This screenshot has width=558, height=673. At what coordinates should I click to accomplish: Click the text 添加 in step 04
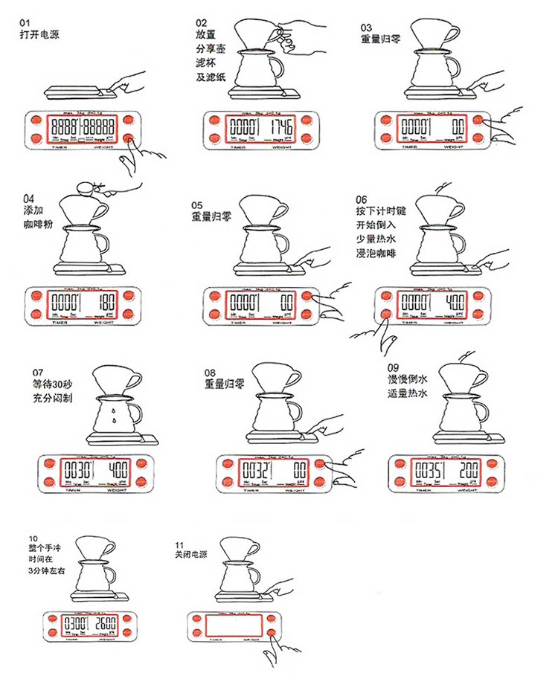(33, 210)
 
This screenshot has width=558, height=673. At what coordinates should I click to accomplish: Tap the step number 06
(362, 199)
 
